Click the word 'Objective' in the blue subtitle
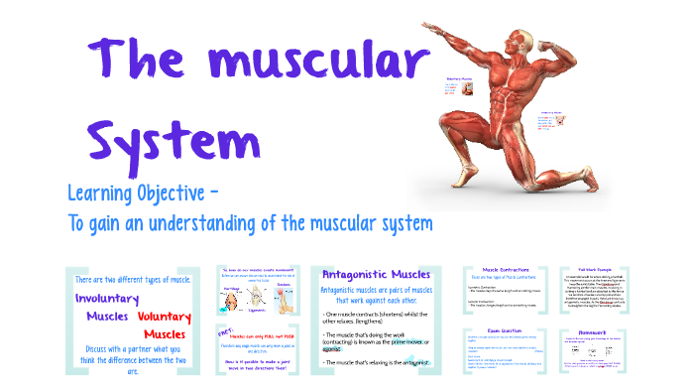coord(174,191)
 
